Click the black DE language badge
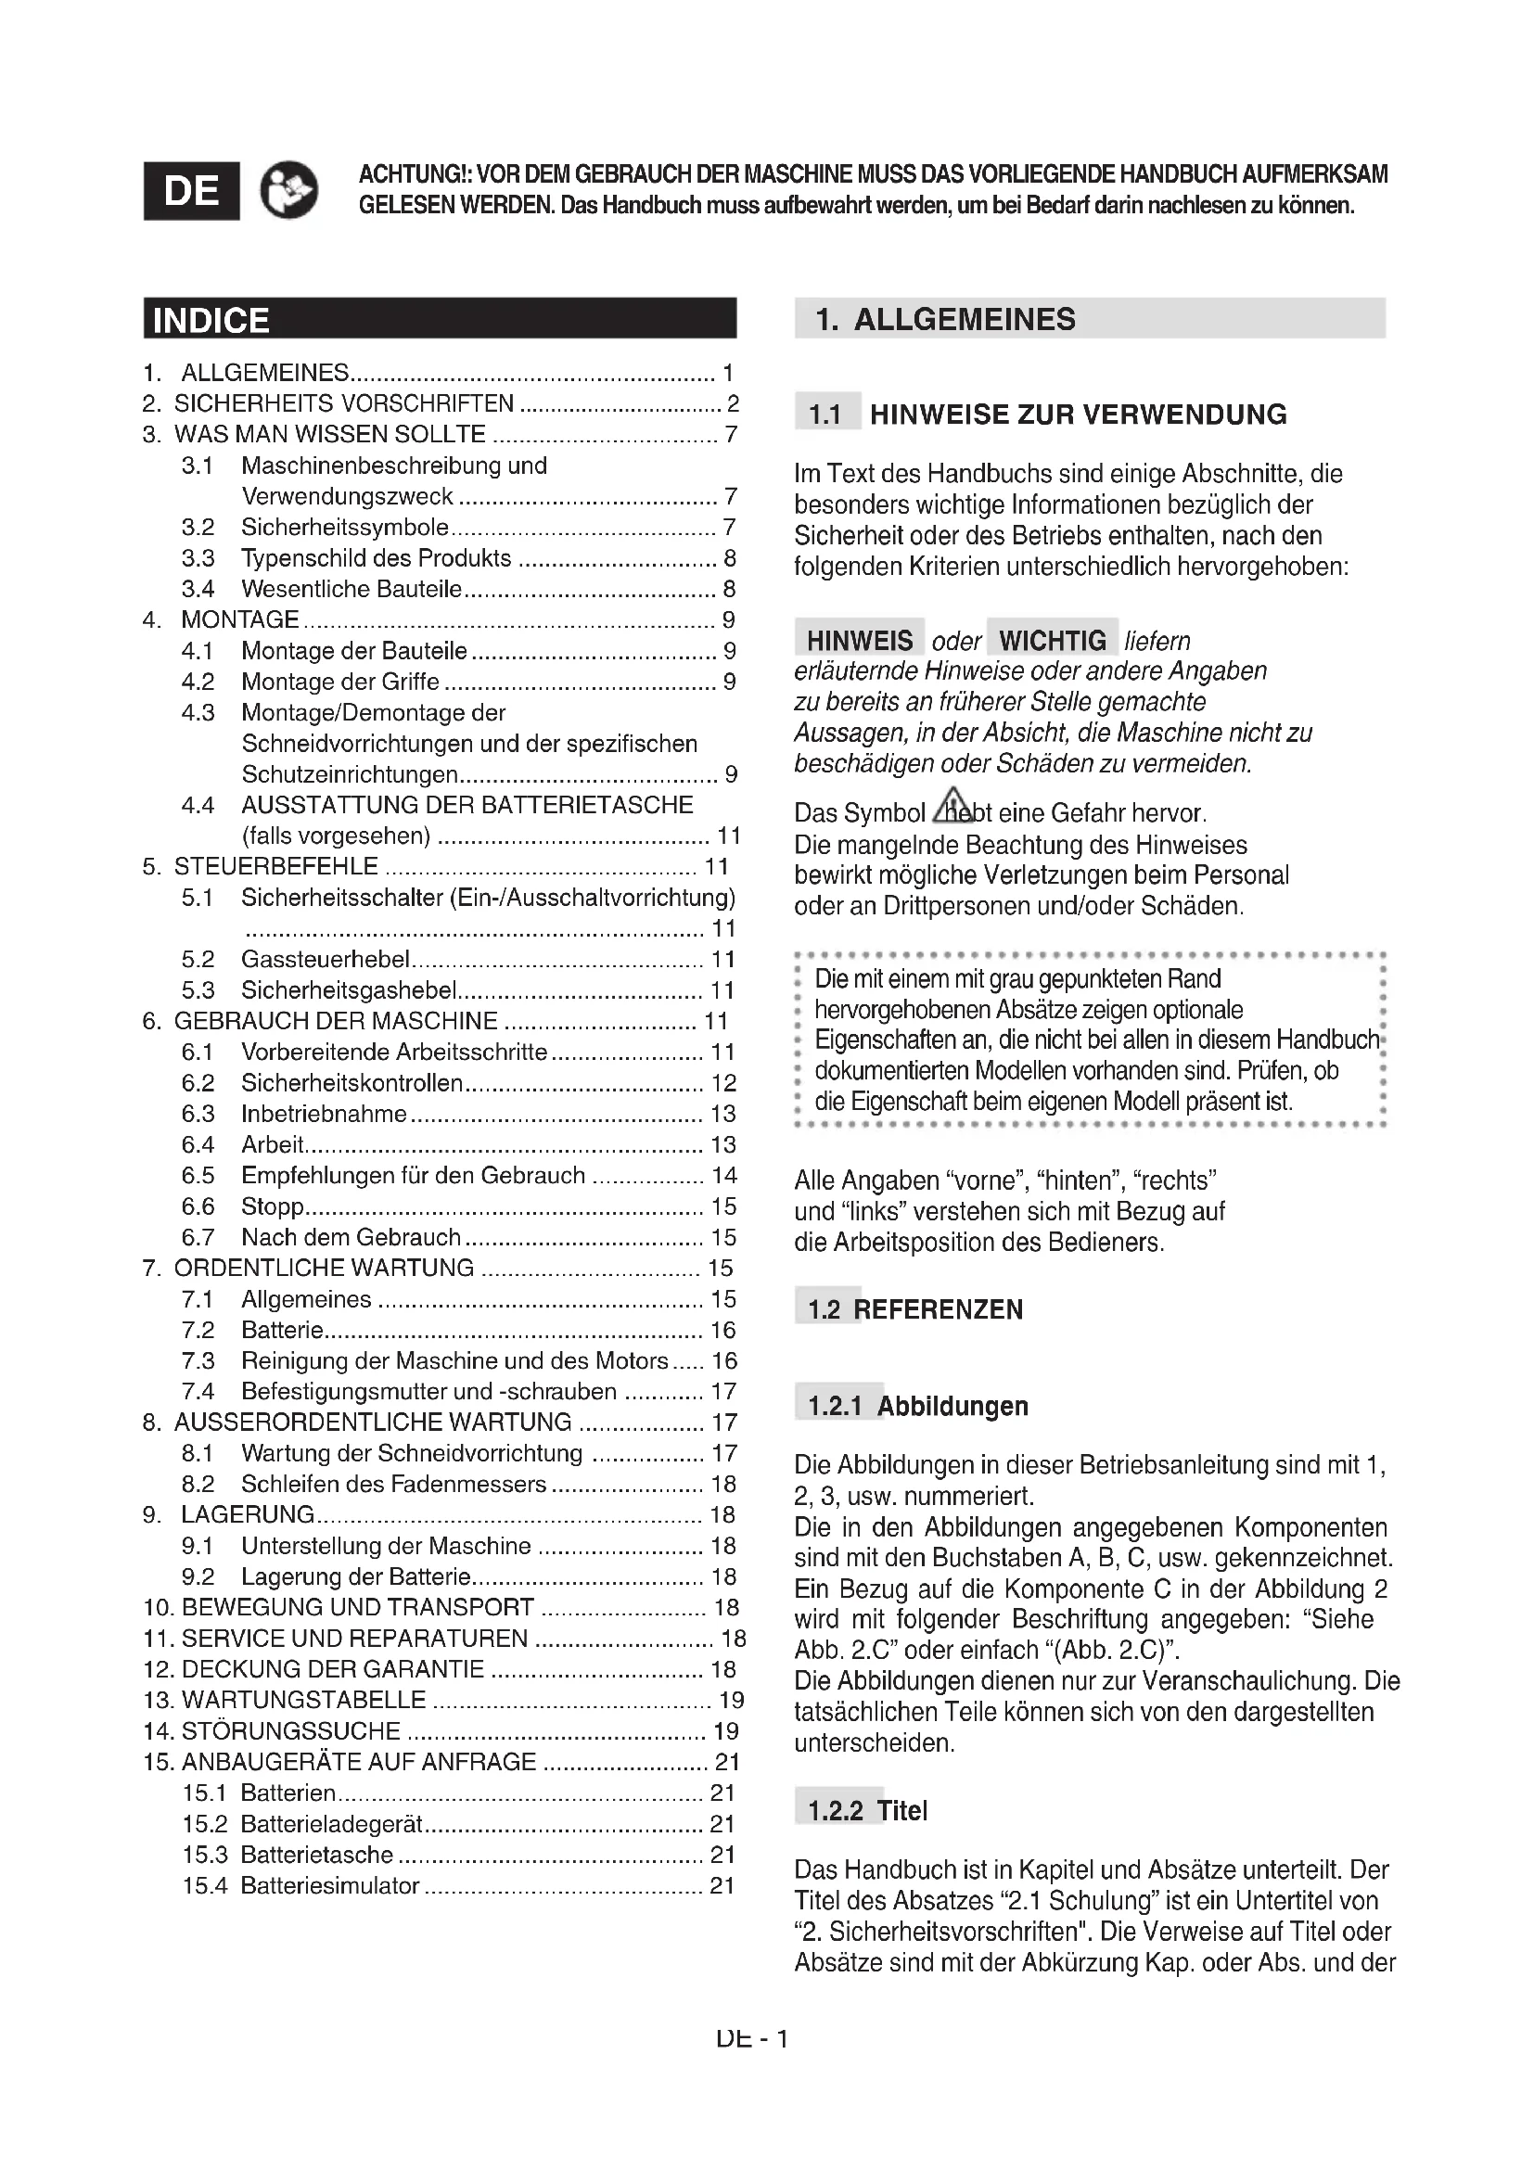click(191, 191)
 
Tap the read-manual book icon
click(288, 190)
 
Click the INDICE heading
click(211, 320)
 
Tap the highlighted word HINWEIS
click(859, 640)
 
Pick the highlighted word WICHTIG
click(1053, 640)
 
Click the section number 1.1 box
click(825, 414)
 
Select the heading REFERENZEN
click(938, 1309)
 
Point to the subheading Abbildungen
click(952, 1406)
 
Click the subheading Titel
click(902, 1810)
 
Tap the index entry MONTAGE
click(240, 619)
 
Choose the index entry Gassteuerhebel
click(325, 960)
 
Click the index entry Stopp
click(272, 1206)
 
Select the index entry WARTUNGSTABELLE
click(303, 1700)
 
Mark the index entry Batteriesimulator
click(329, 1884)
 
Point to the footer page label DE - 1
click(752, 2037)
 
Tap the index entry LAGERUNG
click(248, 1514)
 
